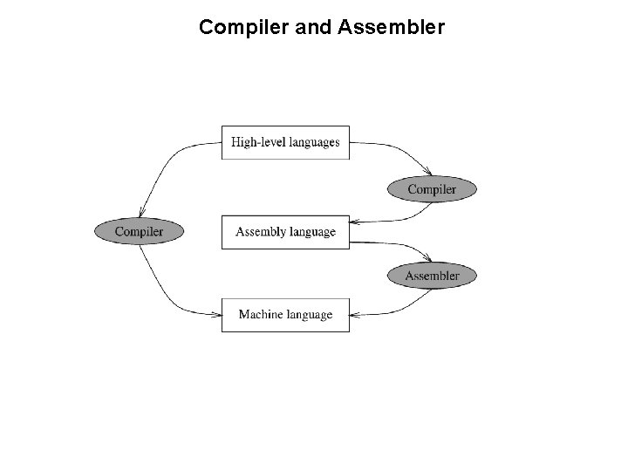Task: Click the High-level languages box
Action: [285, 142]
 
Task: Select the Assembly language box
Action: [285, 232]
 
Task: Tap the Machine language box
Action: [285, 315]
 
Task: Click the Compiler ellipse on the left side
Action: [140, 232]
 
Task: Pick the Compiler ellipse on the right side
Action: [432, 189]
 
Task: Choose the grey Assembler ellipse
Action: [432, 276]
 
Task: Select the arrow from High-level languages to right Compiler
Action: [397, 150]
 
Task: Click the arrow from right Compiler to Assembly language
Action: [392, 218]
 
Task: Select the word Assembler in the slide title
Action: [399, 28]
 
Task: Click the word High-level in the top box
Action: [254, 142]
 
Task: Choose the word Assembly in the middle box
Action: [261, 232]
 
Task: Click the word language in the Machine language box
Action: [310, 315]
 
